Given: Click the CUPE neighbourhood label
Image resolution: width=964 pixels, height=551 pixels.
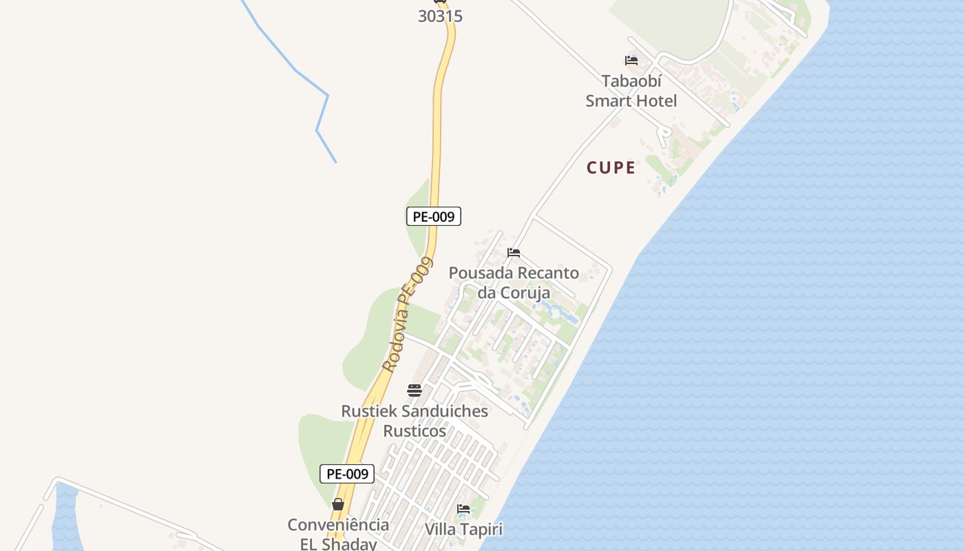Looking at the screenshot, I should coord(611,167).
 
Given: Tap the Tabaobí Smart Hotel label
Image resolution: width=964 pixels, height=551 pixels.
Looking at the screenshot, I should coord(631,91).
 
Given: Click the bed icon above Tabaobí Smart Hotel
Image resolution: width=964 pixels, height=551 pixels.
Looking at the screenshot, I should coord(631,61).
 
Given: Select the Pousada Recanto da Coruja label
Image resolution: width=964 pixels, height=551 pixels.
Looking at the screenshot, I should coord(514,282).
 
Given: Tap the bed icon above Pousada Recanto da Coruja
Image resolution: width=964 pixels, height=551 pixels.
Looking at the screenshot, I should coord(514,253).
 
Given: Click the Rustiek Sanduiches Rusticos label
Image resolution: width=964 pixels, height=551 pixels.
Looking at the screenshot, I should coord(415,421).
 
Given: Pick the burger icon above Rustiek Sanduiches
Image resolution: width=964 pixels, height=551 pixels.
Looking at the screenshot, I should coord(415,391).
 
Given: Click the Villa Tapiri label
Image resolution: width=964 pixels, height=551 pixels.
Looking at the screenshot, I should coord(463,530).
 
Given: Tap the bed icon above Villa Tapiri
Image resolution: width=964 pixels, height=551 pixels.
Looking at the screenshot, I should coord(463,510).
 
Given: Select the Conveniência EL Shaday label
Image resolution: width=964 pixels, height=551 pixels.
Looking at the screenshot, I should coord(338,534).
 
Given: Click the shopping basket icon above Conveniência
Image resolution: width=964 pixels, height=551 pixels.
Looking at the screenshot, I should coord(338,505).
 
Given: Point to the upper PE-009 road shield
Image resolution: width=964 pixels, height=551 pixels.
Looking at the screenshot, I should coord(433,216).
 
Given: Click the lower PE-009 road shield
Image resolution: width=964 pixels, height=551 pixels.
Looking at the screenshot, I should coord(347,474).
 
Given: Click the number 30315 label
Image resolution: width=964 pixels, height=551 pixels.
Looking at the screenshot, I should coord(440,16).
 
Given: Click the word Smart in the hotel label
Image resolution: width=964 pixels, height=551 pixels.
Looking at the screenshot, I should coord(609,101).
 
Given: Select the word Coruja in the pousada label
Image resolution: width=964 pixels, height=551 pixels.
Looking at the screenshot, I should coord(525,293).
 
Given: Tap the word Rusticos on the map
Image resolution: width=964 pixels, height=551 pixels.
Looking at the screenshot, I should coord(415,431).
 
